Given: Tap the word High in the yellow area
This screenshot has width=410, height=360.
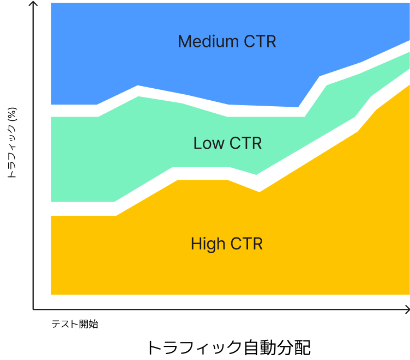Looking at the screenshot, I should click(208, 244).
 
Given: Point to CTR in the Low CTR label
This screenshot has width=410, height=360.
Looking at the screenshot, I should click(245, 143).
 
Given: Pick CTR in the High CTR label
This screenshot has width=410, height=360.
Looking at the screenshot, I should click(246, 244).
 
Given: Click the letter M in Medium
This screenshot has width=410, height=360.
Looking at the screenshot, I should click(185, 42).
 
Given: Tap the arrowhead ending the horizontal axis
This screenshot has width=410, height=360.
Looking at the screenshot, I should click(406, 309).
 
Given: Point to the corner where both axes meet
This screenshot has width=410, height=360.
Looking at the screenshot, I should click(33, 309).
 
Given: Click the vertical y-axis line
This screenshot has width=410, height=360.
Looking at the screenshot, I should click(33, 163).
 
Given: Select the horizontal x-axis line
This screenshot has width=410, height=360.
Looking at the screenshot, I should click(218, 309).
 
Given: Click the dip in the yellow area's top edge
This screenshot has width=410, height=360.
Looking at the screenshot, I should click(259, 191).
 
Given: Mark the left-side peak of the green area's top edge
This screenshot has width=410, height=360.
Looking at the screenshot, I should click(138, 96).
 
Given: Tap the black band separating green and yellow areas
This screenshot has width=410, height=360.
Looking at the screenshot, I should click(82, 209).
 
